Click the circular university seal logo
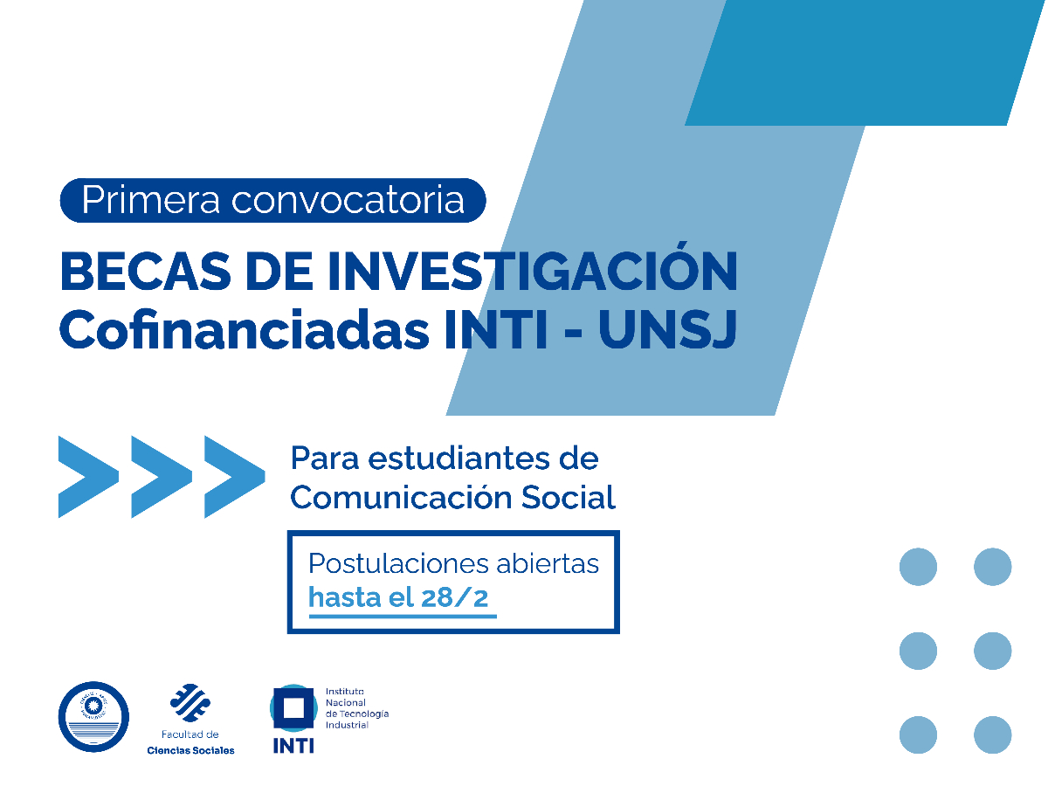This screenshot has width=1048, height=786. (93, 717)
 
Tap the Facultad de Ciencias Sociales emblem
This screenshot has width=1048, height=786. (190, 705)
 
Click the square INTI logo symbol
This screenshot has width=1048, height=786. (293, 708)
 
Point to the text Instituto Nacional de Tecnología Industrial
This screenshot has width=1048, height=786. (356, 707)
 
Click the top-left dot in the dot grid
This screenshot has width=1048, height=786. (918, 567)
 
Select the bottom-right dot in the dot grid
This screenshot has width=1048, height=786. (992, 734)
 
